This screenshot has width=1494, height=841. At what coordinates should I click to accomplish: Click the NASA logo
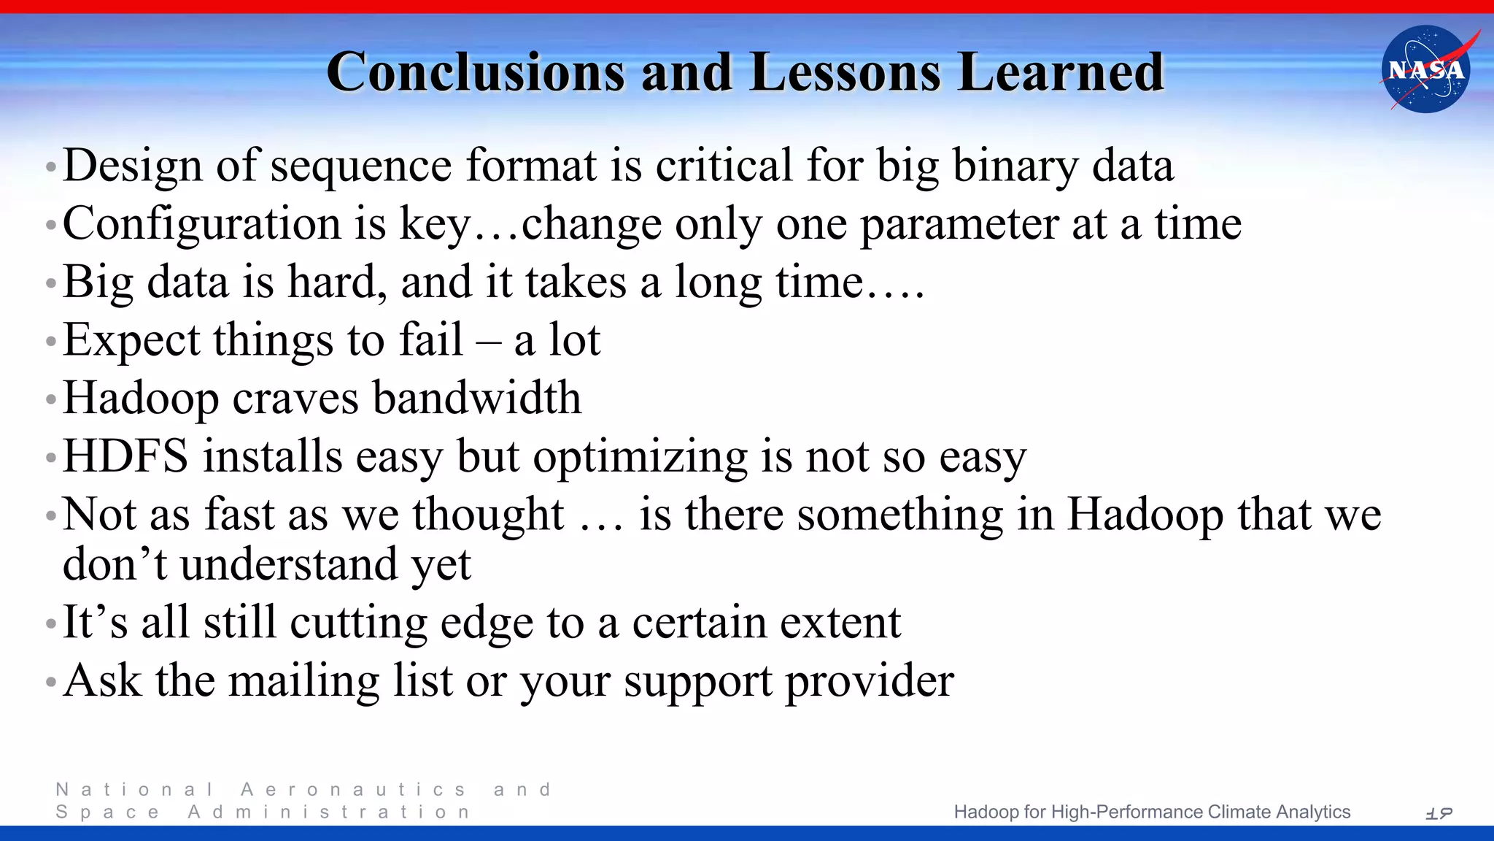click(x=1426, y=69)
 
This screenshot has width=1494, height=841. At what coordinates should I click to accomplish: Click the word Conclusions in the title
click(x=476, y=72)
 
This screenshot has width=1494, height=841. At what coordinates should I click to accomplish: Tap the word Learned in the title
click(x=1061, y=72)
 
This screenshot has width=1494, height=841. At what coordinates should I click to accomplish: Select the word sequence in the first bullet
click(x=361, y=166)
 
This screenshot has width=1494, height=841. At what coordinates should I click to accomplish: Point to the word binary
click(x=1015, y=166)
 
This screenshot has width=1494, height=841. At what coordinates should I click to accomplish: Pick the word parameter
click(x=959, y=224)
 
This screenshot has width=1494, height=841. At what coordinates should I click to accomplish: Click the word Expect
click(x=131, y=341)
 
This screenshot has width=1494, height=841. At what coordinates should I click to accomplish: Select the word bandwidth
click(x=477, y=399)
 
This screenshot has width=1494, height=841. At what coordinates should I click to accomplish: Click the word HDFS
click(x=126, y=457)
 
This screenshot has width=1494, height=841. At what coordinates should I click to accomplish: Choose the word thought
click(x=488, y=515)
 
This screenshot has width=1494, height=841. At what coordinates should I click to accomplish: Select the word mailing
click(x=304, y=682)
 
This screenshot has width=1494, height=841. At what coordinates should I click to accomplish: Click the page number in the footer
click(x=1439, y=813)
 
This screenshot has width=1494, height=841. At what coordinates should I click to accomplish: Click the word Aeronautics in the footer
click(x=353, y=790)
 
